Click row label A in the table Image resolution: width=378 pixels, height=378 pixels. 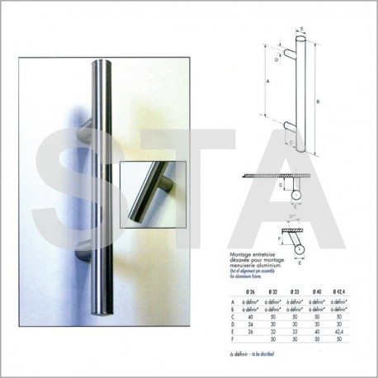[x=234, y=303]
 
